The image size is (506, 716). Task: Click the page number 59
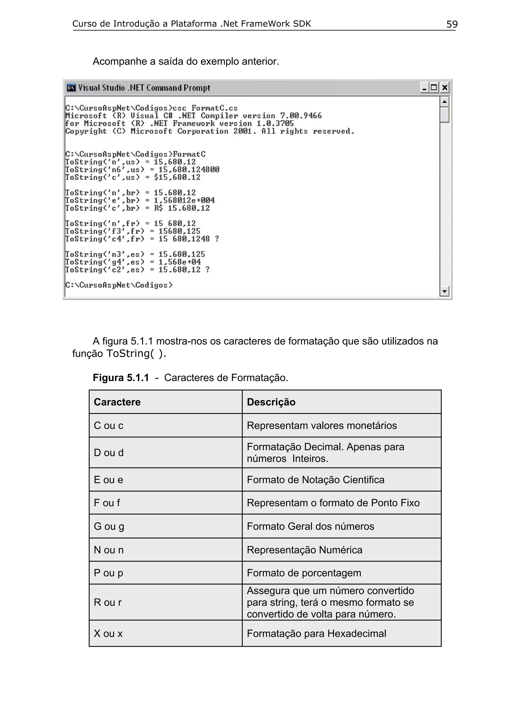[452, 24]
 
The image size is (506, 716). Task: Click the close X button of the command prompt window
[444, 88]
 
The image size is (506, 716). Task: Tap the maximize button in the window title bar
[434, 88]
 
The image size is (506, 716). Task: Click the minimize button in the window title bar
[424, 88]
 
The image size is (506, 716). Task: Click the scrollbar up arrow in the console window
[444, 102]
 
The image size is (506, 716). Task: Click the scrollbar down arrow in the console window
[444, 291]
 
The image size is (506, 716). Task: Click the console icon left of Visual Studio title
[71, 88]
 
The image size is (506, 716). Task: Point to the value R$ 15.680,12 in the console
[182, 208]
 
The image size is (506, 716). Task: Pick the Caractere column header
[117, 402]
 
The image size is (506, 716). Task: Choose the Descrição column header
[271, 402]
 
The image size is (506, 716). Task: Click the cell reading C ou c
[108, 426]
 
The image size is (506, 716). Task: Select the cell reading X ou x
[108, 634]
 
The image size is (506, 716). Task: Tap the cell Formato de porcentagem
[304, 573]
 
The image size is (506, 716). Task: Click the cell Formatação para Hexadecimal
[316, 634]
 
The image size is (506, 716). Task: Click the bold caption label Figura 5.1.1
[121, 378]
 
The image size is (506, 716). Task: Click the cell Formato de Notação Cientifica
[316, 480]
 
